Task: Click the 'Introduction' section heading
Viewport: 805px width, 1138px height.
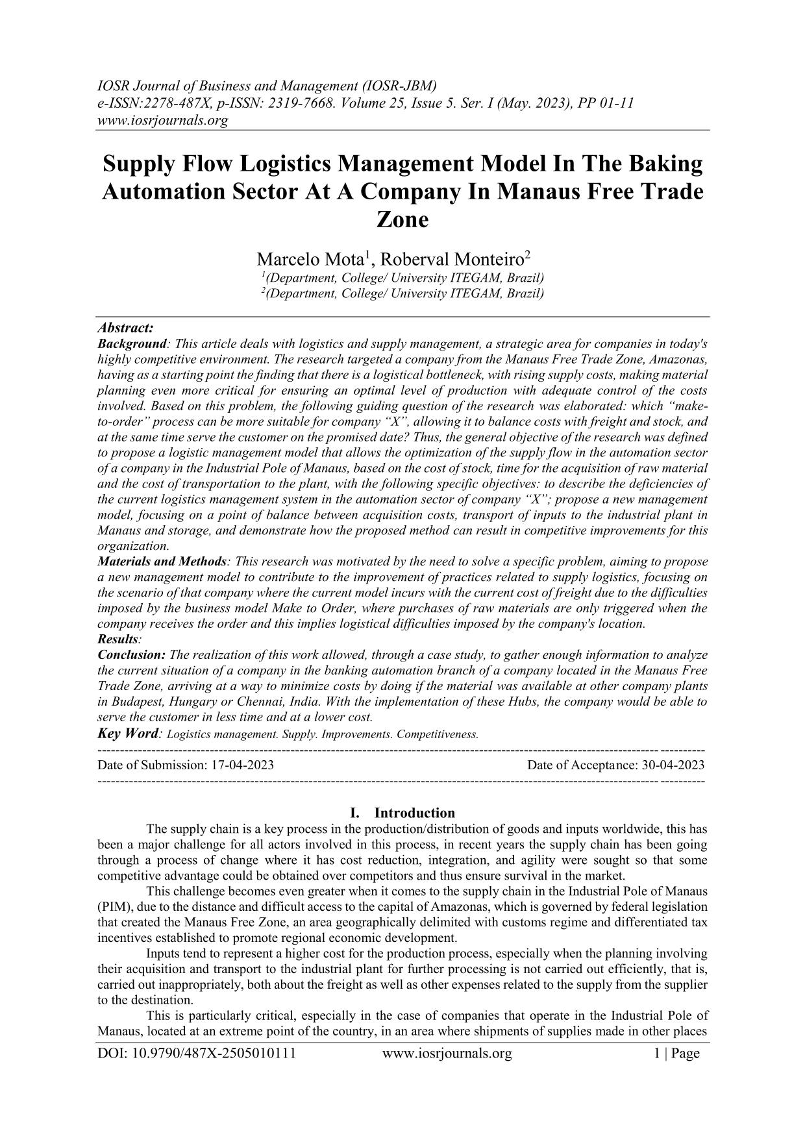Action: click(415, 813)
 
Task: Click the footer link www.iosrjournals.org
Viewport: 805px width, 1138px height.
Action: click(447, 1053)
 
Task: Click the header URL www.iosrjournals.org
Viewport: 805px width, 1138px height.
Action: click(162, 120)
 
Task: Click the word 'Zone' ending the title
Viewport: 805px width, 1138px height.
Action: click(402, 219)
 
